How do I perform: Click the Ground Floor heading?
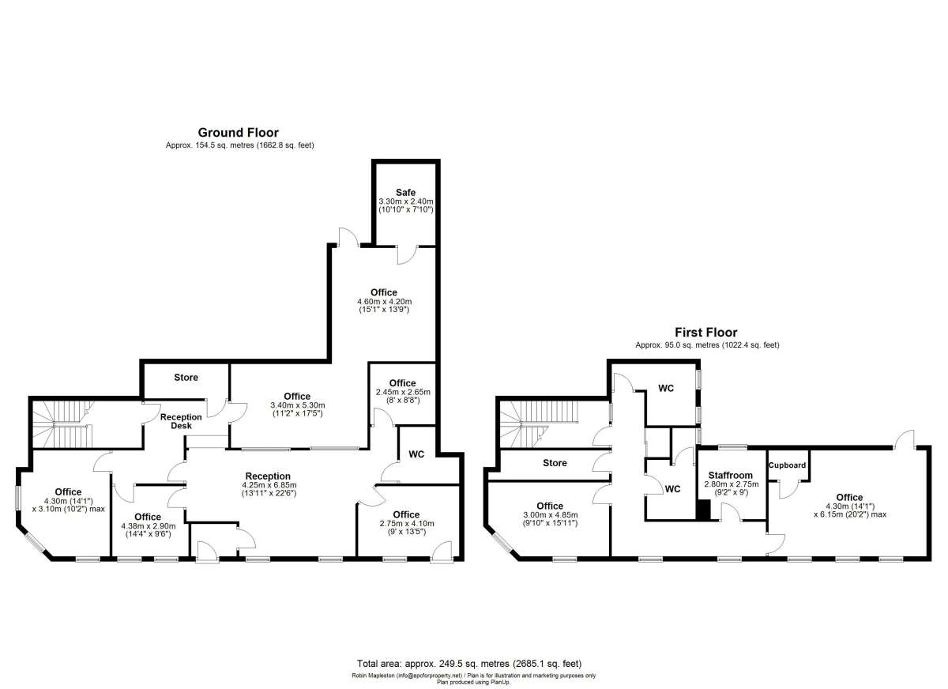238,133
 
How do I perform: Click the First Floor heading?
705,333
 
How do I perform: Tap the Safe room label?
405,193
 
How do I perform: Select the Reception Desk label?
181,422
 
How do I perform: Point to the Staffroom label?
731,475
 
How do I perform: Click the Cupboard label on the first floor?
787,465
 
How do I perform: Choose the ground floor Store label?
186,378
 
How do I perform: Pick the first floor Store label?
555,463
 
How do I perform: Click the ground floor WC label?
417,454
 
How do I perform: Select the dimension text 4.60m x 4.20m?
384,301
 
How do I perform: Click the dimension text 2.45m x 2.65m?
402,392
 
